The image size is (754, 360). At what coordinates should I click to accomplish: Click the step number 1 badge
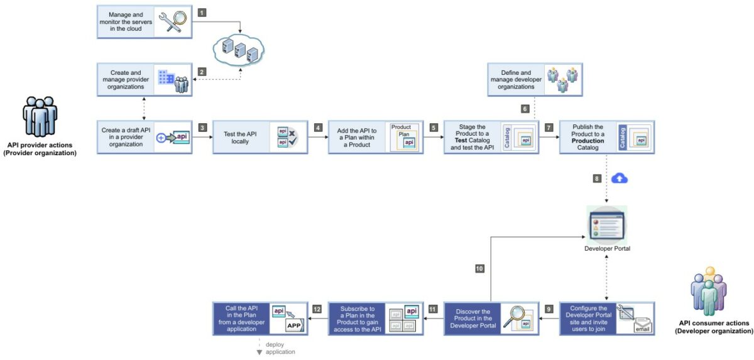(202, 13)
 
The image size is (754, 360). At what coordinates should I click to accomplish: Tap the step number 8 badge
(597, 178)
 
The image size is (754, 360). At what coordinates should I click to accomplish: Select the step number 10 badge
(479, 268)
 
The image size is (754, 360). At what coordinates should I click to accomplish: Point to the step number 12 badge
(317, 309)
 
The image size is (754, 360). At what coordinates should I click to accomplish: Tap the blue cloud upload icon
(620, 178)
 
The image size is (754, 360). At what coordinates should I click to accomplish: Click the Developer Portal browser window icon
(606, 225)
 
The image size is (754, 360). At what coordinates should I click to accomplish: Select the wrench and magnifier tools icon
(171, 21)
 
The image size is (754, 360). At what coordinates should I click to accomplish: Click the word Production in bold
(588, 141)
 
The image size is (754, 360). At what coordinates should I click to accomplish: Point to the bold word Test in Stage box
(461, 141)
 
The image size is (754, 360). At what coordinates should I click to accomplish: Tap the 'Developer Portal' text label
(607, 249)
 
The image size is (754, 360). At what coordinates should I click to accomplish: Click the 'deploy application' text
(280, 348)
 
